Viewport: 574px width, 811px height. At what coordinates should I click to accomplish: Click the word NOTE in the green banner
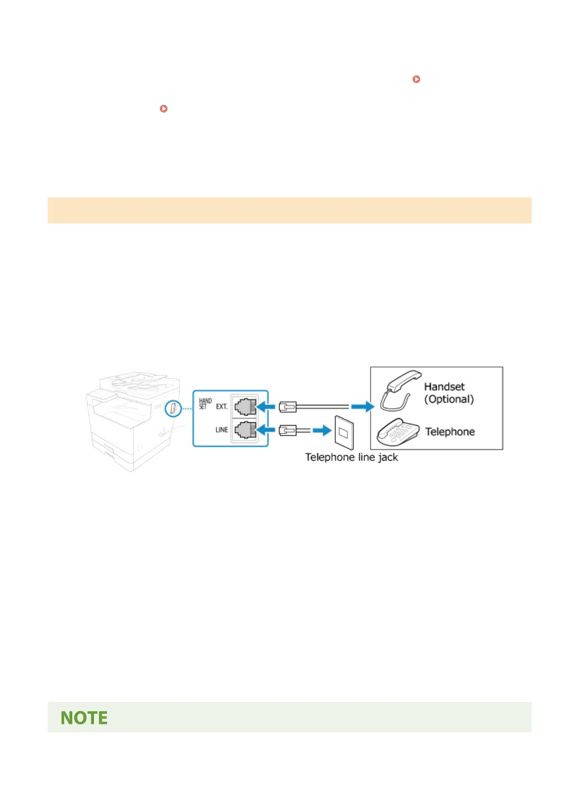pyautogui.click(x=84, y=718)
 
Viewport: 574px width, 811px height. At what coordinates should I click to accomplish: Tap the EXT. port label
pyautogui.click(x=222, y=407)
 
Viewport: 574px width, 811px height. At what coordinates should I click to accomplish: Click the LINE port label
pyautogui.click(x=222, y=430)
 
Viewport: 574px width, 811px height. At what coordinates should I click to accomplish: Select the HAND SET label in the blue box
pyautogui.click(x=205, y=404)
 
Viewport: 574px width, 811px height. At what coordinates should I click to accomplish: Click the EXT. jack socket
pyautogui.click(x=245, y=407)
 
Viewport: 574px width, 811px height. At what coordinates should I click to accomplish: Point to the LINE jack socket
pyautogui.click(x=245, y=429)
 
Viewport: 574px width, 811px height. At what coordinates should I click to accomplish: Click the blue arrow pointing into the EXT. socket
pyautogui.click(x=265, y=407)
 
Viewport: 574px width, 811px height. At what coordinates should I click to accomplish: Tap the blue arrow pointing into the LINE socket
pyautogui.click(x=265, y=430)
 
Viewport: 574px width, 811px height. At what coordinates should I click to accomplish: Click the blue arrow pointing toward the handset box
pyautogui.click(x=362, y=407)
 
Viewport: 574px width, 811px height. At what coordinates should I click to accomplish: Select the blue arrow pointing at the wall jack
pyautogui.click(x=321, y=430)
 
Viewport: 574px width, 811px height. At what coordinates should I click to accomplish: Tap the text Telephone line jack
pyautogui.click(x=351, y=458)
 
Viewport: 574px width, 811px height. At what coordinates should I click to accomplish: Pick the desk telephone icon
pyautogui.click(x=398, y=432)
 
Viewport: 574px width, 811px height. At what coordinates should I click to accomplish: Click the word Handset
pyautogui.click(x=444, y=387)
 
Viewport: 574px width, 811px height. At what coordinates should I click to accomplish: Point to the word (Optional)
pyautogui.click(x=449, y=399)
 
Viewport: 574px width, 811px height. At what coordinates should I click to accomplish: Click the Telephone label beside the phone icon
pyautogui.click(x=450, y=432)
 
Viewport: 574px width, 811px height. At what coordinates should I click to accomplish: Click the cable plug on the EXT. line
pyautogui.click(x=288, y=407)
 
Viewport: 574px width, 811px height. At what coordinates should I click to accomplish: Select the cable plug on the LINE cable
pyautogui.click(x=288, y=430)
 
